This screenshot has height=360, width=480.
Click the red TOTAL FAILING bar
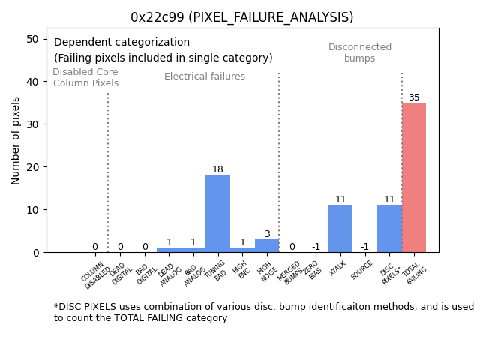pos(414,177)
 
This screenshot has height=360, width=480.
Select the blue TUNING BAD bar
pos(217,214)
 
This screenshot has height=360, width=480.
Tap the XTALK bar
pos(340,228)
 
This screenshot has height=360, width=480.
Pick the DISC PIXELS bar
pos(389,228)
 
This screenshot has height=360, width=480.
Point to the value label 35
pos(414,97)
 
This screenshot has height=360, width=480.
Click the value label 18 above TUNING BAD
pos(217,169)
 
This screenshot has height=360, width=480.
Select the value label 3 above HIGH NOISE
pos(267,234)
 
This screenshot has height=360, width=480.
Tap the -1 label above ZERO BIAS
pos(316,247)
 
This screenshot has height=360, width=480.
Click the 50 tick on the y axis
pos(33,39)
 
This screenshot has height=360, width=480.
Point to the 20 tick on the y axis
pos(33,167)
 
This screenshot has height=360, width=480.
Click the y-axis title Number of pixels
pos(16,140)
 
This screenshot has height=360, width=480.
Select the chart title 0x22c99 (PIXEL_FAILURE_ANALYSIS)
pos(241,17)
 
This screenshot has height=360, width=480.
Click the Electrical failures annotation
pos(204,76)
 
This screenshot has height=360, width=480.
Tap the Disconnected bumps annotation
pos(360,53)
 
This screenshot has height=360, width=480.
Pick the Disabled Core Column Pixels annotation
pos(85,78)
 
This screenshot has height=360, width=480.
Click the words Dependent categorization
pos(121,43)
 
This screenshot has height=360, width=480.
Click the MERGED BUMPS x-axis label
pos(291,273)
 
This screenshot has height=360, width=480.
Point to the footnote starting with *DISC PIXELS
pos(263,312)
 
